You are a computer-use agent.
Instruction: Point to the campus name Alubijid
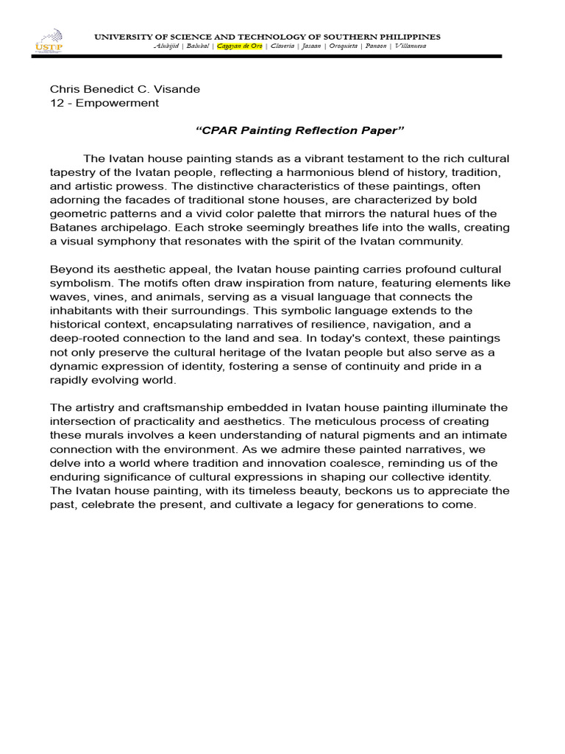(x=167, y=46)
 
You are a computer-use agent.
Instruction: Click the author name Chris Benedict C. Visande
(x=124, y=89)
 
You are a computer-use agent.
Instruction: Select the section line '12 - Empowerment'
(x=104, y=103)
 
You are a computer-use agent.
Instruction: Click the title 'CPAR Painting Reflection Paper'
(x=300, y=130)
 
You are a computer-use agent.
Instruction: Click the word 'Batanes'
(x=72, y=228)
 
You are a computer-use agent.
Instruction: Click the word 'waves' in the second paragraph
(x=65, y=297)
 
